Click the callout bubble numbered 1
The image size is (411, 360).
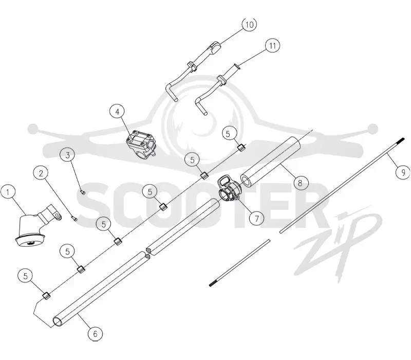tap(8, 192)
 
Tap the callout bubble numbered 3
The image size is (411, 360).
tap(68, 155)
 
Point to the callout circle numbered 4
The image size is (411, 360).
tap(117, 112)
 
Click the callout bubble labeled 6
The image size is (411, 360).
tap(95, 333)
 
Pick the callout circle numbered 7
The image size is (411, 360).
tap(256, 218)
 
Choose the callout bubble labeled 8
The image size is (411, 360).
tap(301, 183)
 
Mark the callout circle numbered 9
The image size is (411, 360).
tap(403, 172)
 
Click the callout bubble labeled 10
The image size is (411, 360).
tap(249, 24)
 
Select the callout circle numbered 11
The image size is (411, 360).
tap(273, 46)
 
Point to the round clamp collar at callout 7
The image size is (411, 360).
tap(230, 189)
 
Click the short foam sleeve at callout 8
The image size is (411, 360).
tap(271, 162)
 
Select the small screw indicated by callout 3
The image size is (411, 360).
tap(83, 192)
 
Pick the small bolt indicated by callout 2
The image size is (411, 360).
tap(74, 218)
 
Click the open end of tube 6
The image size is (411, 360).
tap(57, 321)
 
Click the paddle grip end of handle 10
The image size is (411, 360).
tap(214, 47)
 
